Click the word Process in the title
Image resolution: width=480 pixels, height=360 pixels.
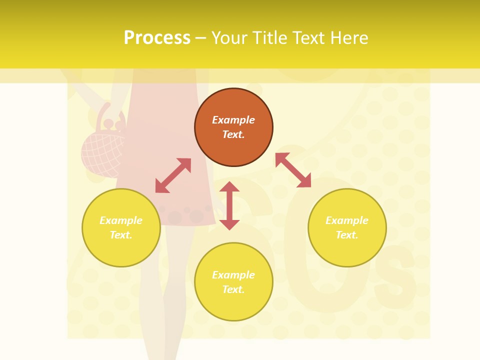[157, 38]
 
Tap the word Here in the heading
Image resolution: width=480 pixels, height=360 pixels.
[348, 38]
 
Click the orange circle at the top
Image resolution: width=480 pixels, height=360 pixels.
[233, 127]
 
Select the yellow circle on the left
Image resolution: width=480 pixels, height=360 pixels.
[121, 228]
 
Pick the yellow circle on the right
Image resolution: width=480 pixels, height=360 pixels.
[347, 228]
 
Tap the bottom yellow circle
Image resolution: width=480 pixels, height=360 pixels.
[233, 282]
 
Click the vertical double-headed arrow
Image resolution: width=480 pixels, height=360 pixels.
[229, 205]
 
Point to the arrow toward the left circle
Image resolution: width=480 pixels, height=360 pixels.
[173, 175]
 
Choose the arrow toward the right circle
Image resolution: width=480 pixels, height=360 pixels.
[293, 170]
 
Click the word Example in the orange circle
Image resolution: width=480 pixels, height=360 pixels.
[233, 120]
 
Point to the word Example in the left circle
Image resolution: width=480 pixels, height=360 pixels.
[121, 220]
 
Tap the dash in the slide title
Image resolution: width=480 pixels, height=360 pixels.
[200, 38]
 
